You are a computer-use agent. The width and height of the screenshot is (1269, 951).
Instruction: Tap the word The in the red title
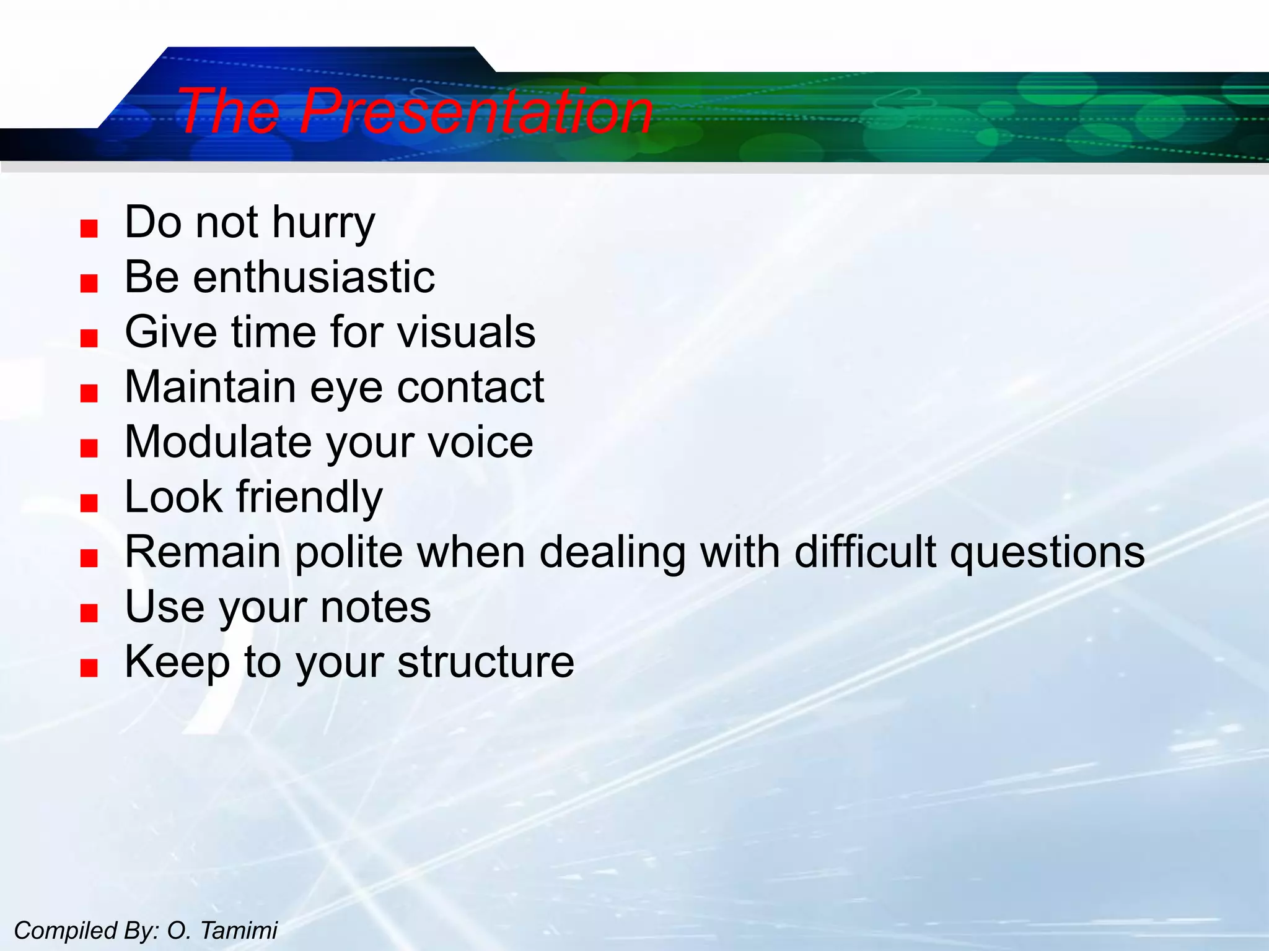tap(229, 111)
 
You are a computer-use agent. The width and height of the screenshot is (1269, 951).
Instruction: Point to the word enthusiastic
tap(314, 277)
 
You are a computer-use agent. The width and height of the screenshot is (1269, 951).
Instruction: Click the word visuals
tap(466, 332)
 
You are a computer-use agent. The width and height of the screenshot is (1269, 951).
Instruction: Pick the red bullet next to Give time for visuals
tap(89, 339)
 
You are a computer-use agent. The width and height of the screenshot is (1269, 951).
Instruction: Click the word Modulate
tap(218, 442)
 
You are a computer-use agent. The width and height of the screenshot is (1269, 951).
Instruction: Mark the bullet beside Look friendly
tap(89, 503)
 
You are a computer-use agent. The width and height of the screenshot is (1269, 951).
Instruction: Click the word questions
tap(1047, 553)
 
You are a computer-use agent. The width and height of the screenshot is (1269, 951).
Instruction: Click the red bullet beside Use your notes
tap(89, 613)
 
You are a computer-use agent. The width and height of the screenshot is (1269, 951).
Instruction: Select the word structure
tap(486, 662)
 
